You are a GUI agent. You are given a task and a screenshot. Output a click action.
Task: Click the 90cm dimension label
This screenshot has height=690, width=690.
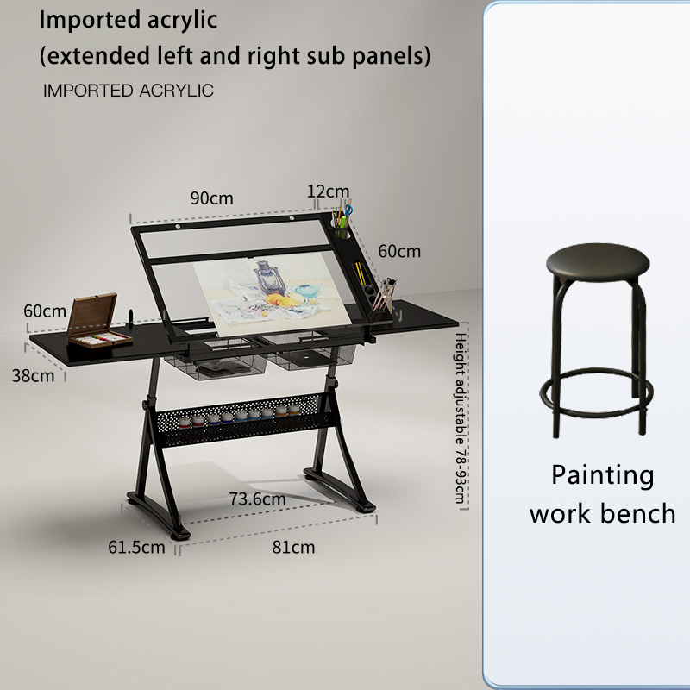(x=211, y=198)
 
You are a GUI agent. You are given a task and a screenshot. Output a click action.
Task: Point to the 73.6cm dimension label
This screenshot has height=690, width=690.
(x=257, y=499)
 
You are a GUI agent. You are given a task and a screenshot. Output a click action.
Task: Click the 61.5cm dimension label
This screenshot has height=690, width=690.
(x=136, y=547)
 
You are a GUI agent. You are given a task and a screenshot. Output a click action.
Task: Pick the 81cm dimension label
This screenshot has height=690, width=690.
(x=293, y=547)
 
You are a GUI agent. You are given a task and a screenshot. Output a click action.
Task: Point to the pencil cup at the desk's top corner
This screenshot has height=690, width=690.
(x=342, y=223)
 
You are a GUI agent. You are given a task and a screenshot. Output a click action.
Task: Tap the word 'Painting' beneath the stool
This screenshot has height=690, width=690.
(x=602, y=475)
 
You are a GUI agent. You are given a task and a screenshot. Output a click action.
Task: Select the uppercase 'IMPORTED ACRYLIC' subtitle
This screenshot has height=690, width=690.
(x=128, y=91)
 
